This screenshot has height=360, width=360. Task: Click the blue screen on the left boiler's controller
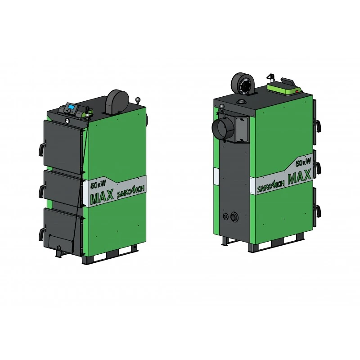(x=72, y=107)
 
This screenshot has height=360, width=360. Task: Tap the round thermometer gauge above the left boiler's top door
(x=66, y=119)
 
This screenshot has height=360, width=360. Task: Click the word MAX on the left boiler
(x=102, y=196)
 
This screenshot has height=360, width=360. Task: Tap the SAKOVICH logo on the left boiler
(x=131, y=191)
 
